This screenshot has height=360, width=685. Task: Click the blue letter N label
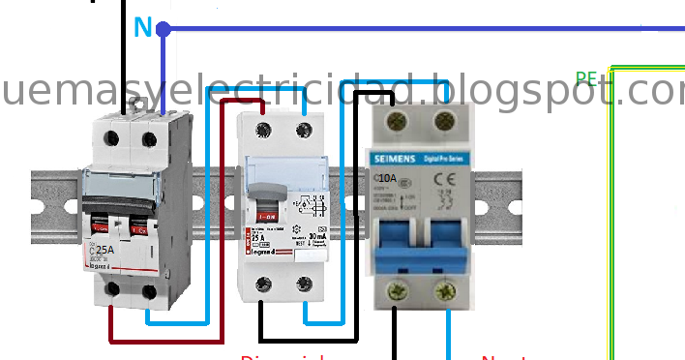point(142,28)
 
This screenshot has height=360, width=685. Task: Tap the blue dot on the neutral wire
point(164,29)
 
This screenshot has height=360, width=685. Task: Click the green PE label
point(586,79)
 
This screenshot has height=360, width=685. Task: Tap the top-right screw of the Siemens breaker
point(445,120)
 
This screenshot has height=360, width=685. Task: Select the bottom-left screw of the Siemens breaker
point(397,288)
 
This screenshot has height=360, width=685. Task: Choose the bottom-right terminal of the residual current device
point(306,284)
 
